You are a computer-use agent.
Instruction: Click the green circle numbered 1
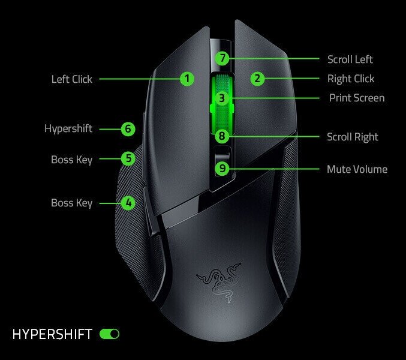click(187, 79)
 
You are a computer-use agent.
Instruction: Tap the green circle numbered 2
click(257, 79)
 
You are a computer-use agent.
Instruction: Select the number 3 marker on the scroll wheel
click(222, 98)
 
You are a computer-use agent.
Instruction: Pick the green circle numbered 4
click(128, 203)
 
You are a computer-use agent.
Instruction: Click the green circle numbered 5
click(128, 159)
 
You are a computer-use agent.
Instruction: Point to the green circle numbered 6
click(127, 129)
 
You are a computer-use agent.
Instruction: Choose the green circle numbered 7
click(222, 59)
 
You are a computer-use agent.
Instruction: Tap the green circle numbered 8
click(222, 137)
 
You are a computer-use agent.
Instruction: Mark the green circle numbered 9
click(222, 169)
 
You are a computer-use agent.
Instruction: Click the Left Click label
click(72, 79)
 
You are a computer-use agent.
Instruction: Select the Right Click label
click(351, 79)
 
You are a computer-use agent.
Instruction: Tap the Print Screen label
click(357, 98)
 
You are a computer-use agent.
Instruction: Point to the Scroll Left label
click(350, 59)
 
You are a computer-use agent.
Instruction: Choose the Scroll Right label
click(353, 137)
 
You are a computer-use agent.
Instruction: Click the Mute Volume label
click(357, 169)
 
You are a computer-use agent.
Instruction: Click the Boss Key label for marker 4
click(72, 203)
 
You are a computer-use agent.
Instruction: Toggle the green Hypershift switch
click(110, 334)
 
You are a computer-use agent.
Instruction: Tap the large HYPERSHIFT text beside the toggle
click(53, 334)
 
